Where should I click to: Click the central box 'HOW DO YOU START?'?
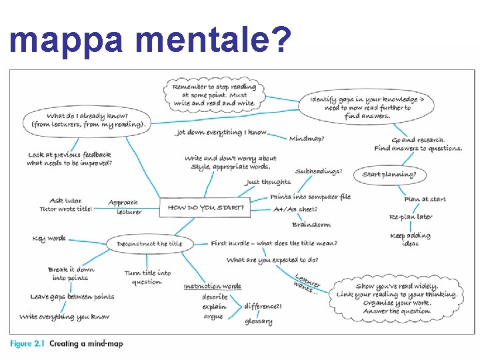click(x=205, y=207)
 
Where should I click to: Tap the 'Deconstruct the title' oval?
click(x=149, y=244)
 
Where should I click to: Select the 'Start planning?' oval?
click(x=389, y=175)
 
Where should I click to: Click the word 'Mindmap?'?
click(x=307, y=139)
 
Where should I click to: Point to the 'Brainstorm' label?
click(x=311, y=225)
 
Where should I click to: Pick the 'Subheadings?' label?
click(x=319, y=171)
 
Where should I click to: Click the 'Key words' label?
click(x=49, y=239)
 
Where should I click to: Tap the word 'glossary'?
click(x=258, y=321)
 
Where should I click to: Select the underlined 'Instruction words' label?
click(x=213, y=286)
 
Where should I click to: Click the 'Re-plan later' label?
click(x=411, y=217)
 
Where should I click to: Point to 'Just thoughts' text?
click(x=268, y=181)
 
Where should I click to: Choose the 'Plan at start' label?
click(x=425, y=199)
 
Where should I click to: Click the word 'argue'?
click(x=213, y=317)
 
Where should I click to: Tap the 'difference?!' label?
click(x=263, y=306)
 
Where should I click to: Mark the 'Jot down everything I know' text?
click(x=221, y=133)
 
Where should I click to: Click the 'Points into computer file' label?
click(x=310, y=197)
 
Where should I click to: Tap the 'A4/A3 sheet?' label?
click(x=295, y=209)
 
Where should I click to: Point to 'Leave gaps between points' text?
click(x=72, y=297)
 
